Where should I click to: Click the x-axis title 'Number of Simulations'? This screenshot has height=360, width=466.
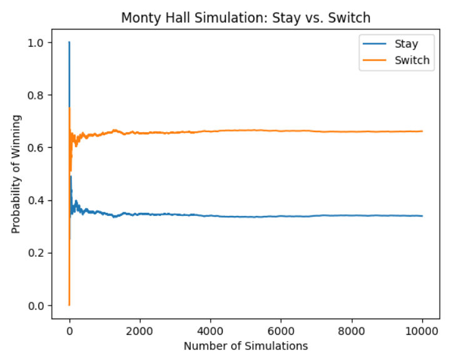click(x=245, y=346)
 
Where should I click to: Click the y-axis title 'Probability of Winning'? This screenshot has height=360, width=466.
click(x=17, y=174)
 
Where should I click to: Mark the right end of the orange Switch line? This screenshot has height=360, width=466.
click(x=422, y=131)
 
